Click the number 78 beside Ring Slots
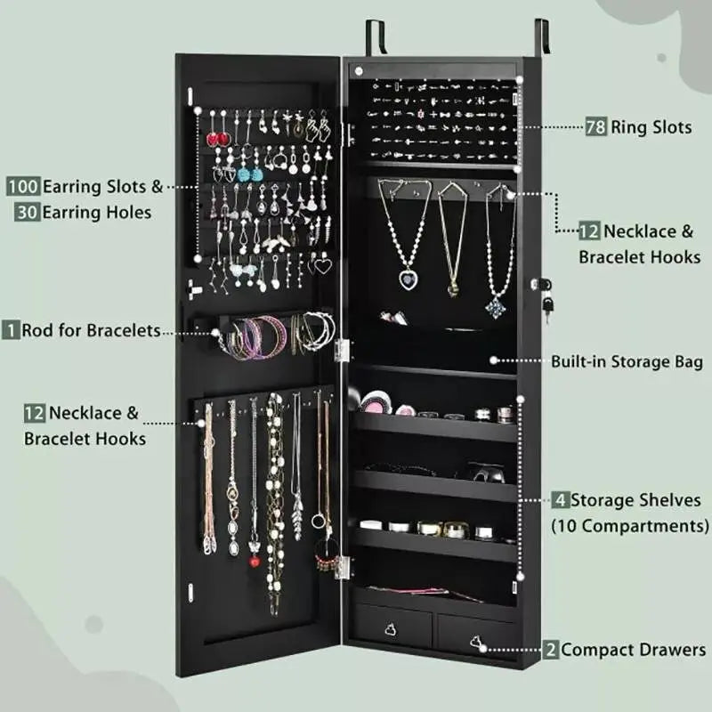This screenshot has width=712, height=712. pos(595,127)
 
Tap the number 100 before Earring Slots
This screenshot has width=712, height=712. pos(24,187)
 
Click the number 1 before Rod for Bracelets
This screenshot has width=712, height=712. pos(11,330)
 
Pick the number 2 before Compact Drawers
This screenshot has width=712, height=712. pos(551,651)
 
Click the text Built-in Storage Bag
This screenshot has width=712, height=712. pos(627,361)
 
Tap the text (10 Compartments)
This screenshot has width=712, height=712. pos(629,525)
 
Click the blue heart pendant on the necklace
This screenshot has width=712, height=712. pos(409,280)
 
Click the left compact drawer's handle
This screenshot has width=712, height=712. pos(391,629)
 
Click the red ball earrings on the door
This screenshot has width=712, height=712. pos(218,140)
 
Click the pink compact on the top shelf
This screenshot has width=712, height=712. pos(375,402)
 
